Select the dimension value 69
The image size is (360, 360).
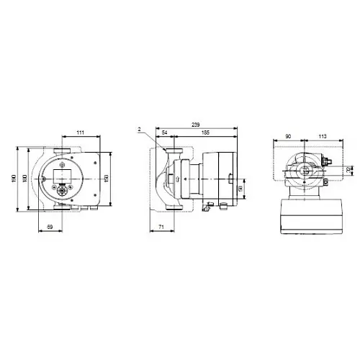(50, 227)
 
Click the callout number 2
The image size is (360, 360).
(138, 130)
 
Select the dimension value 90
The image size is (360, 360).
(288, 135)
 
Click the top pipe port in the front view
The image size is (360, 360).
(60, 152)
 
